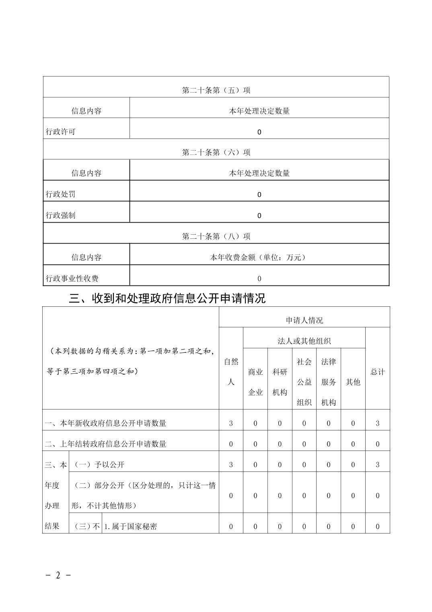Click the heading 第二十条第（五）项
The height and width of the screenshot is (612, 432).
point(216,90)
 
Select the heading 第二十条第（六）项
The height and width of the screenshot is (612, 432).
point(216,152)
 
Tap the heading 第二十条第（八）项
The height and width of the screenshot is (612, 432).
point(216,236)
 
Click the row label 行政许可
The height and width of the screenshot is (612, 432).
point(61,132)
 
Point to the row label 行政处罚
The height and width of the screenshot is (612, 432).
point(61,194)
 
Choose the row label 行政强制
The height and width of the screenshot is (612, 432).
point(61,215)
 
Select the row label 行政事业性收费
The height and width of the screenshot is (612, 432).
point(72,278)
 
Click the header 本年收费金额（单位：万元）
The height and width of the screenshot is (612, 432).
point(259,257)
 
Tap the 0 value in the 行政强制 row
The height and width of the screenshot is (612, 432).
point(259,215)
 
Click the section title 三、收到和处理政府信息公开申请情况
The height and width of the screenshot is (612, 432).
point(167,298)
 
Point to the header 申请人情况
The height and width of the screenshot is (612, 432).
point(304,320)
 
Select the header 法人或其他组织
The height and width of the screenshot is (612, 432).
point(304,341)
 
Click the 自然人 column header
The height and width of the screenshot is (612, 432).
point(231,372)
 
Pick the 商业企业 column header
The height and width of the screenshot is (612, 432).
point(255,382)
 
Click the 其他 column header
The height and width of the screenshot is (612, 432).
point(353,382)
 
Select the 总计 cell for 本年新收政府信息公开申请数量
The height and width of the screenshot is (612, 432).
point(377,423)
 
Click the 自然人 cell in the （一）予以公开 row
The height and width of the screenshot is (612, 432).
point(231,465)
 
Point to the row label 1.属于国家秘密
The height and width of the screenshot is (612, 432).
point(131,526)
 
